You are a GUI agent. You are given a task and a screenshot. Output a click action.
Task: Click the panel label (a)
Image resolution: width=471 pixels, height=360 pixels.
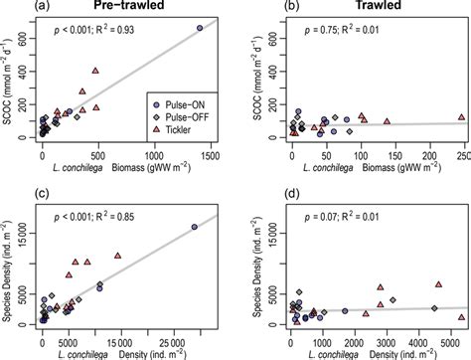click(x=13, y=8)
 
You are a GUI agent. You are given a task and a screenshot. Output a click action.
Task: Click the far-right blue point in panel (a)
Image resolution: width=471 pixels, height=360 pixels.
click(x=200, y=28)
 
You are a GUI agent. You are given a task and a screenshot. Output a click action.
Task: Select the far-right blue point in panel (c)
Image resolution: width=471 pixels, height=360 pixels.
click(x=194, y=227)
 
